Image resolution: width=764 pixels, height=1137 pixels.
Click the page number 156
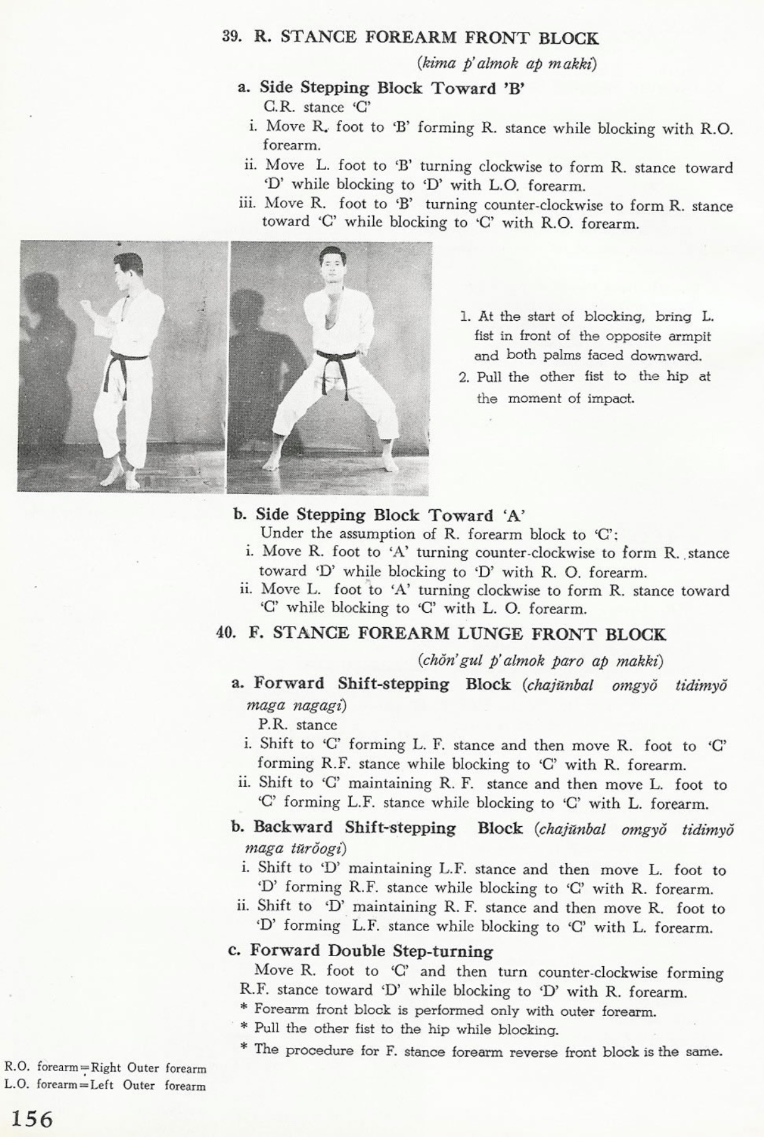(30, 1119)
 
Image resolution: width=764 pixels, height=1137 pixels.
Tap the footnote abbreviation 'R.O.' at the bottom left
(17, 1067)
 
